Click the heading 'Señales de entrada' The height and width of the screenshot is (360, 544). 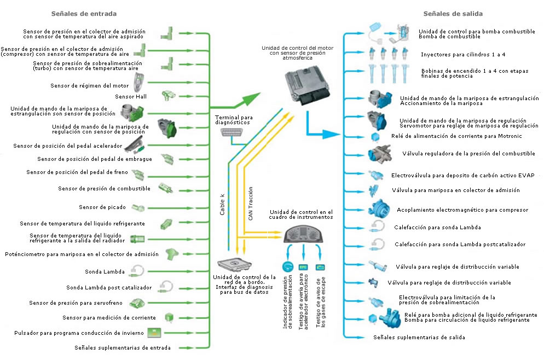coord(83,13)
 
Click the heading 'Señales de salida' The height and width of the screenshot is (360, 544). coord(453,13)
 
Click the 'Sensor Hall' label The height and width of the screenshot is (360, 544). coord(128,96)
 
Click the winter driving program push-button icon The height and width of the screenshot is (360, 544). coord(155,333)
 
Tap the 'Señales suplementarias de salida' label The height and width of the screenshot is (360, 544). coord(419,338)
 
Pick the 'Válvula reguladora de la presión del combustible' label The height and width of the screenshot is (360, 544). coord(468,154)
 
